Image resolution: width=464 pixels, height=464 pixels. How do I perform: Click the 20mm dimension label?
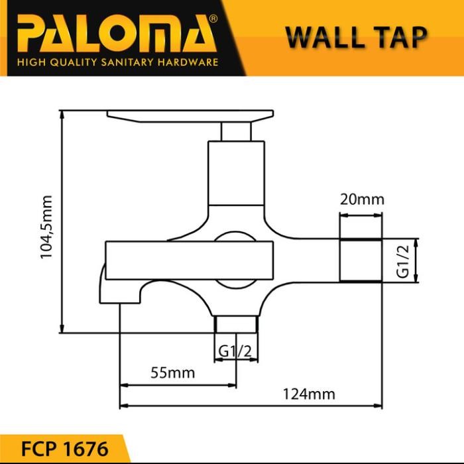coord(361,200)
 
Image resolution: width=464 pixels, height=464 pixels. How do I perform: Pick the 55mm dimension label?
coord(173,373)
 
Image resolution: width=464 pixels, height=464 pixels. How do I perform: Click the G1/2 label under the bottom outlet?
coord(235,351)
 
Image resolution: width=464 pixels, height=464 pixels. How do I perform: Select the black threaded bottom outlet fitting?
coord(235,325)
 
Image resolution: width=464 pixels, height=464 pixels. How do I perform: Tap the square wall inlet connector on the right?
coord(361,261)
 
